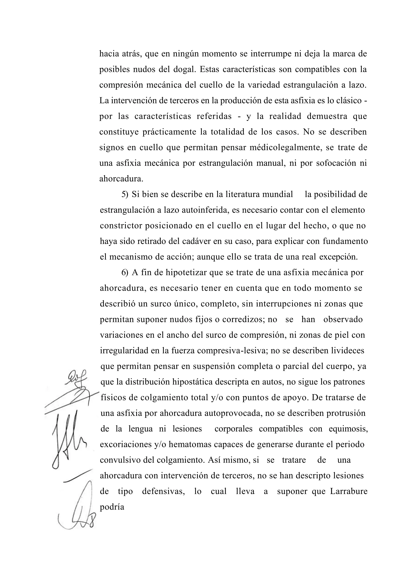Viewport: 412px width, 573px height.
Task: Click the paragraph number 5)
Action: pyautogui.click(x=125, y=194)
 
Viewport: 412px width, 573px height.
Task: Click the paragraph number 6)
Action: pyautogui.click(x=125, y=273)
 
